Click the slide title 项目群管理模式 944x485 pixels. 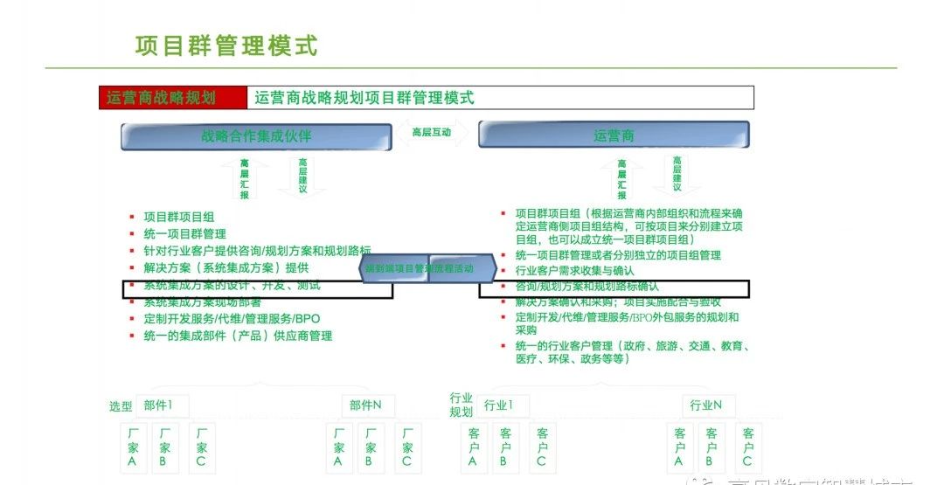[226, 45]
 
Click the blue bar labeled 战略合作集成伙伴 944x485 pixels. [256, 136]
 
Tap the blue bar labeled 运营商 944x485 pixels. [614, 135]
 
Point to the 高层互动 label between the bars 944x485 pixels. [431, 133]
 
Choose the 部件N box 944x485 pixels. [365, 405]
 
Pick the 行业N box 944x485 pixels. [706, 405]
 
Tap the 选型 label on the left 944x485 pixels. [121, 406]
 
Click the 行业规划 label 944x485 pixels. [462, 405]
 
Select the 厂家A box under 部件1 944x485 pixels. [132, 447]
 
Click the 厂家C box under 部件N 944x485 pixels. [406, 447]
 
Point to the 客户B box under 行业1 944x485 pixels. [504, 447]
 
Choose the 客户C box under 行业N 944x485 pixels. [747, 447]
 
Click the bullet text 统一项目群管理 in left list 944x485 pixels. [184, 233]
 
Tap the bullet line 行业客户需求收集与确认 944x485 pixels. [574, 271]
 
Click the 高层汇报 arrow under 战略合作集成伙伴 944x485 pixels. [244, 178]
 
